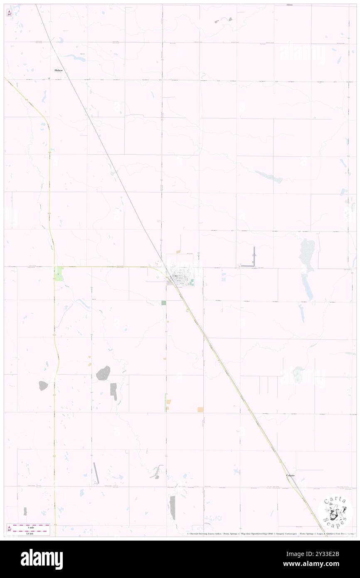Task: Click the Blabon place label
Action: (x=59, y=71)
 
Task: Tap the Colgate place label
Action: (x=291, y=475)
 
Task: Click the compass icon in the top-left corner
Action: (x=9, y=13)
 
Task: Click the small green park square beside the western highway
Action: (x=59, y=274)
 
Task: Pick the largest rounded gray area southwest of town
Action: (x=104, y=373)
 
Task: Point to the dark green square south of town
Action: (x=164, y=303)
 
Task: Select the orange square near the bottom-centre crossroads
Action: (x=200, y=410)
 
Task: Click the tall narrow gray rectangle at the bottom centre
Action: (x=173, y=508)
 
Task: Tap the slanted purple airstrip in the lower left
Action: (x=96, y=473)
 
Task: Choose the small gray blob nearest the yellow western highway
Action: (x=43, y=386)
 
